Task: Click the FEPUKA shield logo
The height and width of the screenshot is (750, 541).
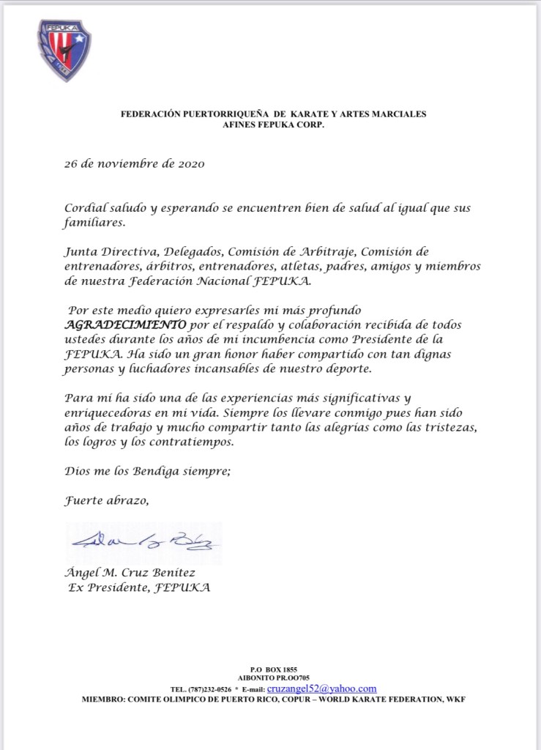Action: click(x=64, y=50)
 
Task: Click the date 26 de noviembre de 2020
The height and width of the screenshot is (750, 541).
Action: click(x=134, y=163)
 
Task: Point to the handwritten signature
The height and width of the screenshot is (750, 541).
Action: click(x=145, y=543)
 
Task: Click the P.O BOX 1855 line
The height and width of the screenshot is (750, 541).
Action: click(x=273, y=669)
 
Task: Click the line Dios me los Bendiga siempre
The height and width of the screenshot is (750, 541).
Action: click(x=147, y=472)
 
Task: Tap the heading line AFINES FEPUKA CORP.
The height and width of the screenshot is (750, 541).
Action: click(x=273, y=125)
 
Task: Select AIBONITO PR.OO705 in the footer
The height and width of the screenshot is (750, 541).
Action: click(x=273, y=678)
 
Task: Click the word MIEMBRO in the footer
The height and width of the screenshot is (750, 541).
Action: click(x=107, y=699)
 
